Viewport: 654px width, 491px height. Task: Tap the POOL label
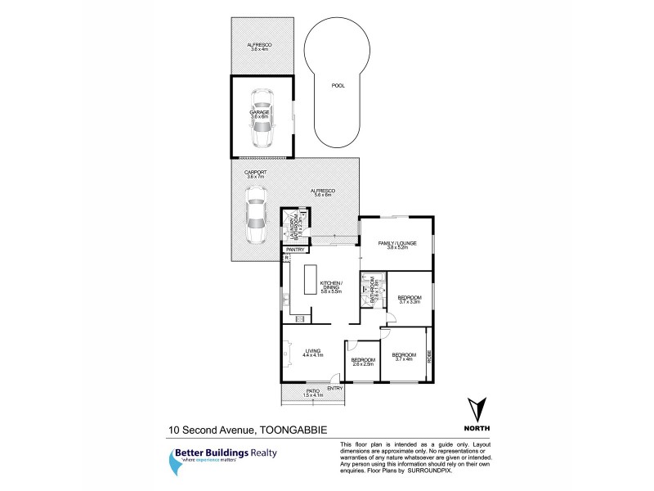tap(337, 84)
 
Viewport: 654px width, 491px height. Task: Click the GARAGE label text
tap(260, 113)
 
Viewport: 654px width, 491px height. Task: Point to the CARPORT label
tap(256, 173)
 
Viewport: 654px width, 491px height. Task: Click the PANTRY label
tap(295, 249)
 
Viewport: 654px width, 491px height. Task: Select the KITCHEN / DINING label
tap(343, 286)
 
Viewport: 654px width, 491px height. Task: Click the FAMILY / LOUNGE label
tap(397, 245)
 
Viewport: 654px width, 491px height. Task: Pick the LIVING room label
tap(313, 352)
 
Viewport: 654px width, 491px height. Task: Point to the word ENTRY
tap(334, 388)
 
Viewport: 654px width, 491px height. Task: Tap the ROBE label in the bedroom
tap(428, 356)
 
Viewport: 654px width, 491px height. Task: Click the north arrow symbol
tap(477, 412)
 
